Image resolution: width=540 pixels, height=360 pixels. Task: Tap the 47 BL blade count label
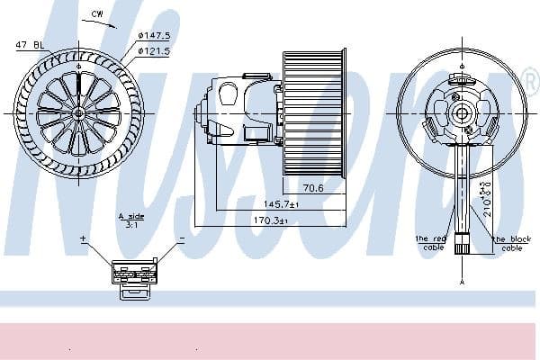pos(30,44)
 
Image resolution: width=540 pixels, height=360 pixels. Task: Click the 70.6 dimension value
pos(312,189)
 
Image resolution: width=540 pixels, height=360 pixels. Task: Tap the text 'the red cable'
pos(431,243)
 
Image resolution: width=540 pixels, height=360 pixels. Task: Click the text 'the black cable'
pos(511,243)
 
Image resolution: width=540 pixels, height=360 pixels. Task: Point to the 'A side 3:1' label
pos(132,220)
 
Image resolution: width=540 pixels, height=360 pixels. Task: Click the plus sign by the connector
pos(83,240)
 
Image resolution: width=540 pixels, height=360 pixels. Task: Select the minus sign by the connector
pos(182,240)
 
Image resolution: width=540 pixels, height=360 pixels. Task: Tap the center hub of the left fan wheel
pos(78,112)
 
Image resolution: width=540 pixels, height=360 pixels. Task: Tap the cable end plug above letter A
pos(462,243)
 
